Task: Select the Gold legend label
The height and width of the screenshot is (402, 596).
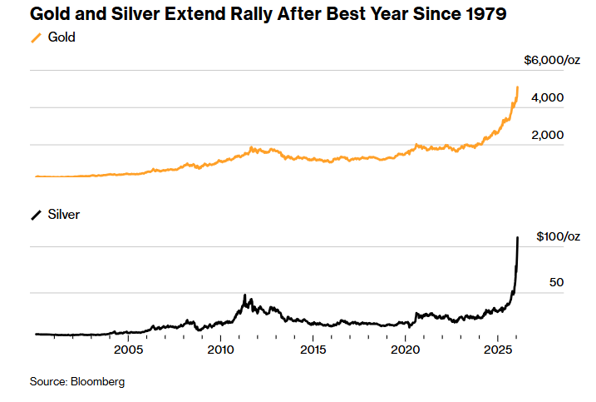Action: tap(62, 37)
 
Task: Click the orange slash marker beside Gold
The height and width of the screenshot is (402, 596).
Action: tap(36, 37)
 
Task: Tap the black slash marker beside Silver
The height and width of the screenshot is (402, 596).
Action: tap(36, 215)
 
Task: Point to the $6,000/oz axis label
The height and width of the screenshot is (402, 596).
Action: tap(551, 60)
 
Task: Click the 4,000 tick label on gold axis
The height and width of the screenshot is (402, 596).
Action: tap(547, 97)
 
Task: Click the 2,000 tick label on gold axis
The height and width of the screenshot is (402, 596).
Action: tap(547, 135)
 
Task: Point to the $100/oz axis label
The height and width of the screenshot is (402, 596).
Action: tap(554, 236)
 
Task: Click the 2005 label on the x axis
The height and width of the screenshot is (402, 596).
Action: tap(128, 350)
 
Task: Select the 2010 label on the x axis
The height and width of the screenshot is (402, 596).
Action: tap(220, 350)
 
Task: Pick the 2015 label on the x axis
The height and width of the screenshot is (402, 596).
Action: tap(313, 350)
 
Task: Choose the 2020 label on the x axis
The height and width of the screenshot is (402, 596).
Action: tap(405, 350)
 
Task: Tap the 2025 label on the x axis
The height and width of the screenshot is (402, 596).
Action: tap(496, 350)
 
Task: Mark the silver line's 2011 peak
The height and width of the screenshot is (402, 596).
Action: tap(244, 295)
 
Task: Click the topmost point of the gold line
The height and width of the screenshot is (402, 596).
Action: tap(518, 87)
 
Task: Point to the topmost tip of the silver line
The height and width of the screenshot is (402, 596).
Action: tap(518, 237)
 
